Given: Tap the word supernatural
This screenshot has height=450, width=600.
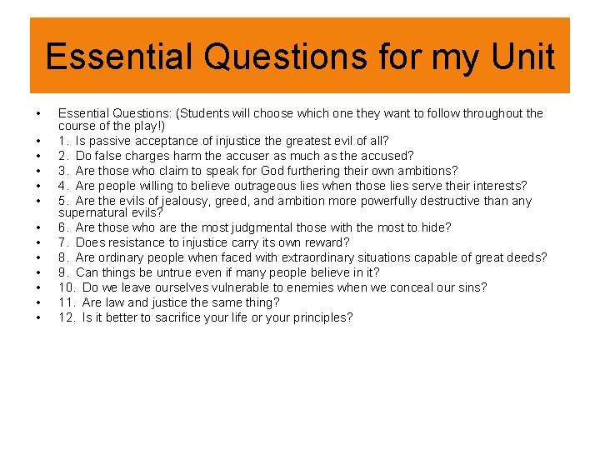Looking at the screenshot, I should tap(93, 212).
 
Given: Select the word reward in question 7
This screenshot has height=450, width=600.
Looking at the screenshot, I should tap(328, 242).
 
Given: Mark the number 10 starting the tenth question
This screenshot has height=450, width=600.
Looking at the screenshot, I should tap(66, 287).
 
